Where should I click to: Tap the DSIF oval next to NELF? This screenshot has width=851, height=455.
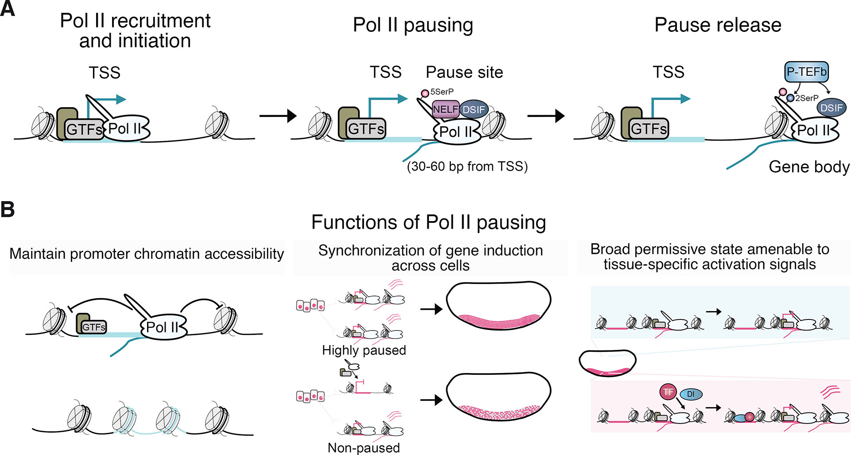474,109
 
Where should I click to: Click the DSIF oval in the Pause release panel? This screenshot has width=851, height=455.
831,108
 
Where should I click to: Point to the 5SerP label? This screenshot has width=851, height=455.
442,92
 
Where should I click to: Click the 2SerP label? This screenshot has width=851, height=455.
807,98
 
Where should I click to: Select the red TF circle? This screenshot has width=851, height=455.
668,392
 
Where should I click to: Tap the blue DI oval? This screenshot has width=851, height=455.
691,394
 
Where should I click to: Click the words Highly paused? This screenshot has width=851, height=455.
364,350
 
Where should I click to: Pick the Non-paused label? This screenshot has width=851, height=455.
364,448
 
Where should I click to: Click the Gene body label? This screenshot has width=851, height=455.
809,167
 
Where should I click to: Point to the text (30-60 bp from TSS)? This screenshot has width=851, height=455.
467,167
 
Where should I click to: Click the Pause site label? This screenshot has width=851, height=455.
464,72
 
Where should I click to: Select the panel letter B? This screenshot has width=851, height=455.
8,209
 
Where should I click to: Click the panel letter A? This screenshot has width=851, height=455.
8,9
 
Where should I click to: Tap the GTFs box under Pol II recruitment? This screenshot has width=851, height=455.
84,129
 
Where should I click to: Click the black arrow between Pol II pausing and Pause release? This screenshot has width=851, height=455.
545,116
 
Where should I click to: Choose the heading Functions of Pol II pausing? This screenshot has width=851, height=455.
428,222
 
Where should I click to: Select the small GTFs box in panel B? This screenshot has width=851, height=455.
94,327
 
